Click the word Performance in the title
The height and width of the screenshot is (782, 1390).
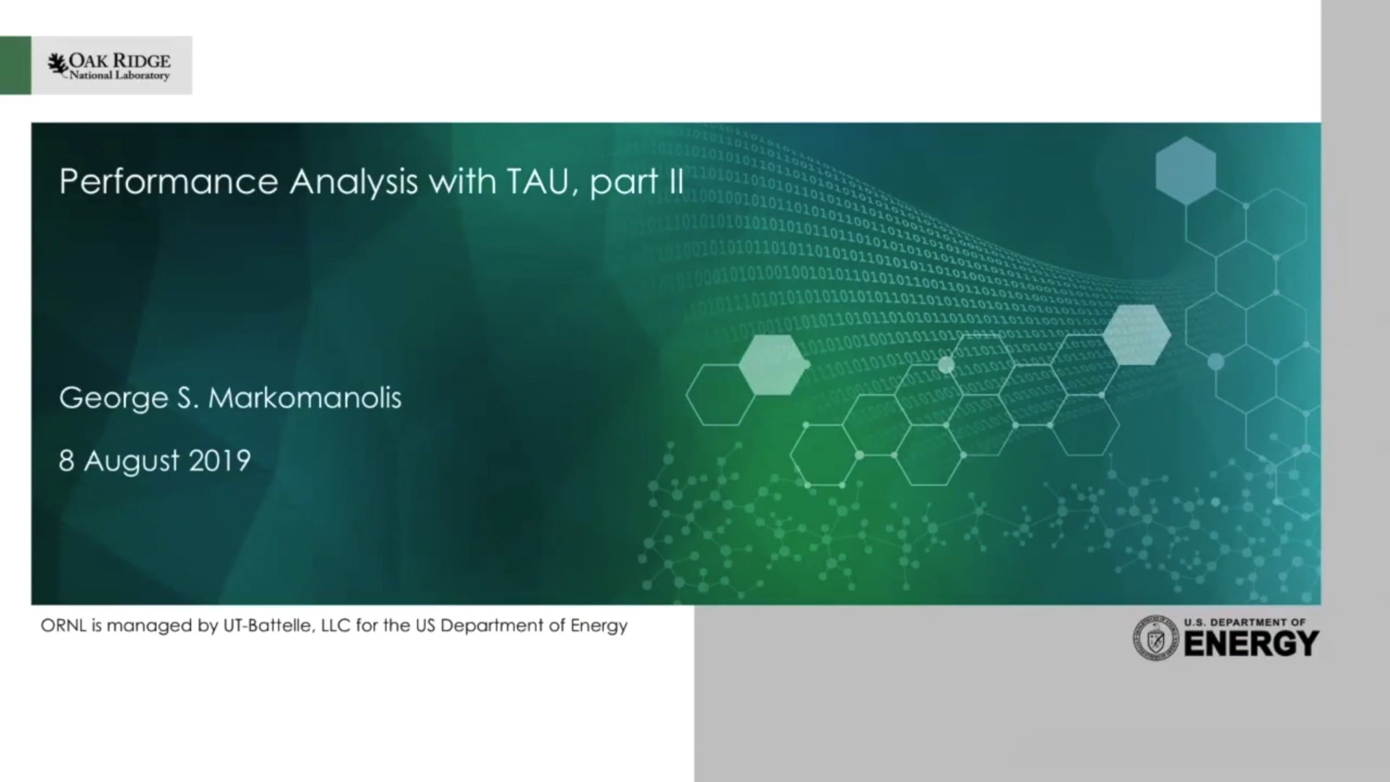coord(169,182)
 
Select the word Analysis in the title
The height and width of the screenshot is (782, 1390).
coord(353,182)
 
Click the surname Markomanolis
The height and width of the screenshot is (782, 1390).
coord(305,398)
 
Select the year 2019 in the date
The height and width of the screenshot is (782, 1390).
coord(220,461)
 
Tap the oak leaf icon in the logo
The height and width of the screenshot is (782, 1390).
coord(57,64)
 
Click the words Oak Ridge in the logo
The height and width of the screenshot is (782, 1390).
coord(120,60)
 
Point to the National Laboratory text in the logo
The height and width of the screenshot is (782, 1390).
coord(120,75)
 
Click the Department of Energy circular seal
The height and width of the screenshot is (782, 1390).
coord(1155,638)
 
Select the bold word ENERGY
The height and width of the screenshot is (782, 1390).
coord(1251,644)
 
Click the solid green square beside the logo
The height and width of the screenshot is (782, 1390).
coord(16,65)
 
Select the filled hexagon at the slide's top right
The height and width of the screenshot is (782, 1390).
coord(1186,170)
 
